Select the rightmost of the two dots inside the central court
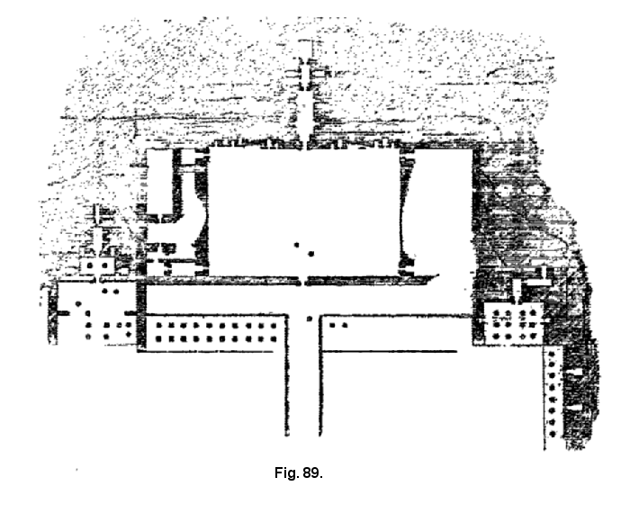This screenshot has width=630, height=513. pyautogui.click(x=310, y=254)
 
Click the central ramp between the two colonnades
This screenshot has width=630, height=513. pyautogui.click(x=307, y=387)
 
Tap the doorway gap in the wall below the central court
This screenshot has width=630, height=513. pyautogui.click(x=302, y=282)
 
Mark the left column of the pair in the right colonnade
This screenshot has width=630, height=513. pyautogui.click(x=330, y=323)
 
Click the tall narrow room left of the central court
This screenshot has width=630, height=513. pyautogui.click(x=159, y=184)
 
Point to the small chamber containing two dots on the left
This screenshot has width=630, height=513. pyautogui.click(x=98, y=266)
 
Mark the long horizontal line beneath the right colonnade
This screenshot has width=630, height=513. pyautogui.click(x=396, y=351)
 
